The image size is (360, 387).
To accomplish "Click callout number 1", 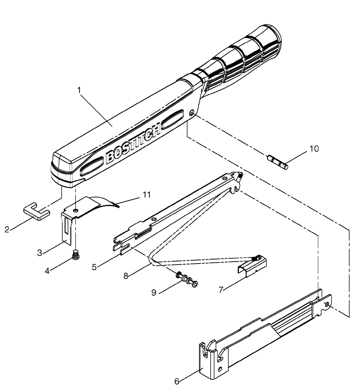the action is point(79,90).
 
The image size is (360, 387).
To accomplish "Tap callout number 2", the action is point(7,230).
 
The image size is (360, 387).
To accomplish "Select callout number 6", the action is point(177,381).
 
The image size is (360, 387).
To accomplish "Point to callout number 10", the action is point(314,149).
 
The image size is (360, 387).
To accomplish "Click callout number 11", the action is point(147,195).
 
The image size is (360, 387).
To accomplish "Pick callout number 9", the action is point(154,293).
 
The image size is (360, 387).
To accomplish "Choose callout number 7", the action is point(221,289).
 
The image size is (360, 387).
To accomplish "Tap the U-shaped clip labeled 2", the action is point(36,211).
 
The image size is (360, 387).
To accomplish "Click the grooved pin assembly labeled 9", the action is point(187,279).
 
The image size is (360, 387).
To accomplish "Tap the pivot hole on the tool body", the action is point(192,113).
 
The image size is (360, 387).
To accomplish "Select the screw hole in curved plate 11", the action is point(76,210).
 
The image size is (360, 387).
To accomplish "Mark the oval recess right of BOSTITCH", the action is point(172,119).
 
